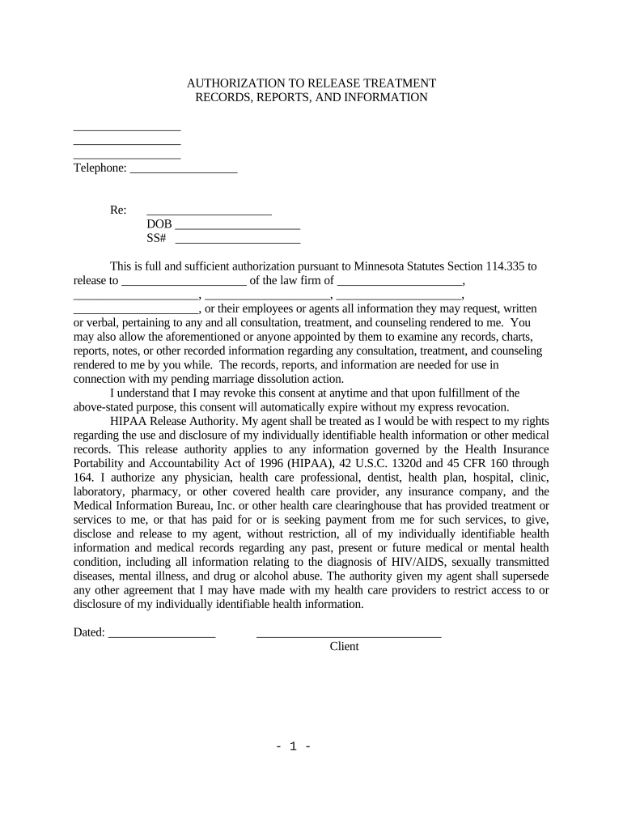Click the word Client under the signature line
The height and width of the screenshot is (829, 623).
click(x=344, y=647)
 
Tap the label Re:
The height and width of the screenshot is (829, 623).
click(x=118, y=210)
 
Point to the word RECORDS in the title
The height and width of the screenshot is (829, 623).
click(x=224, y=97)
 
